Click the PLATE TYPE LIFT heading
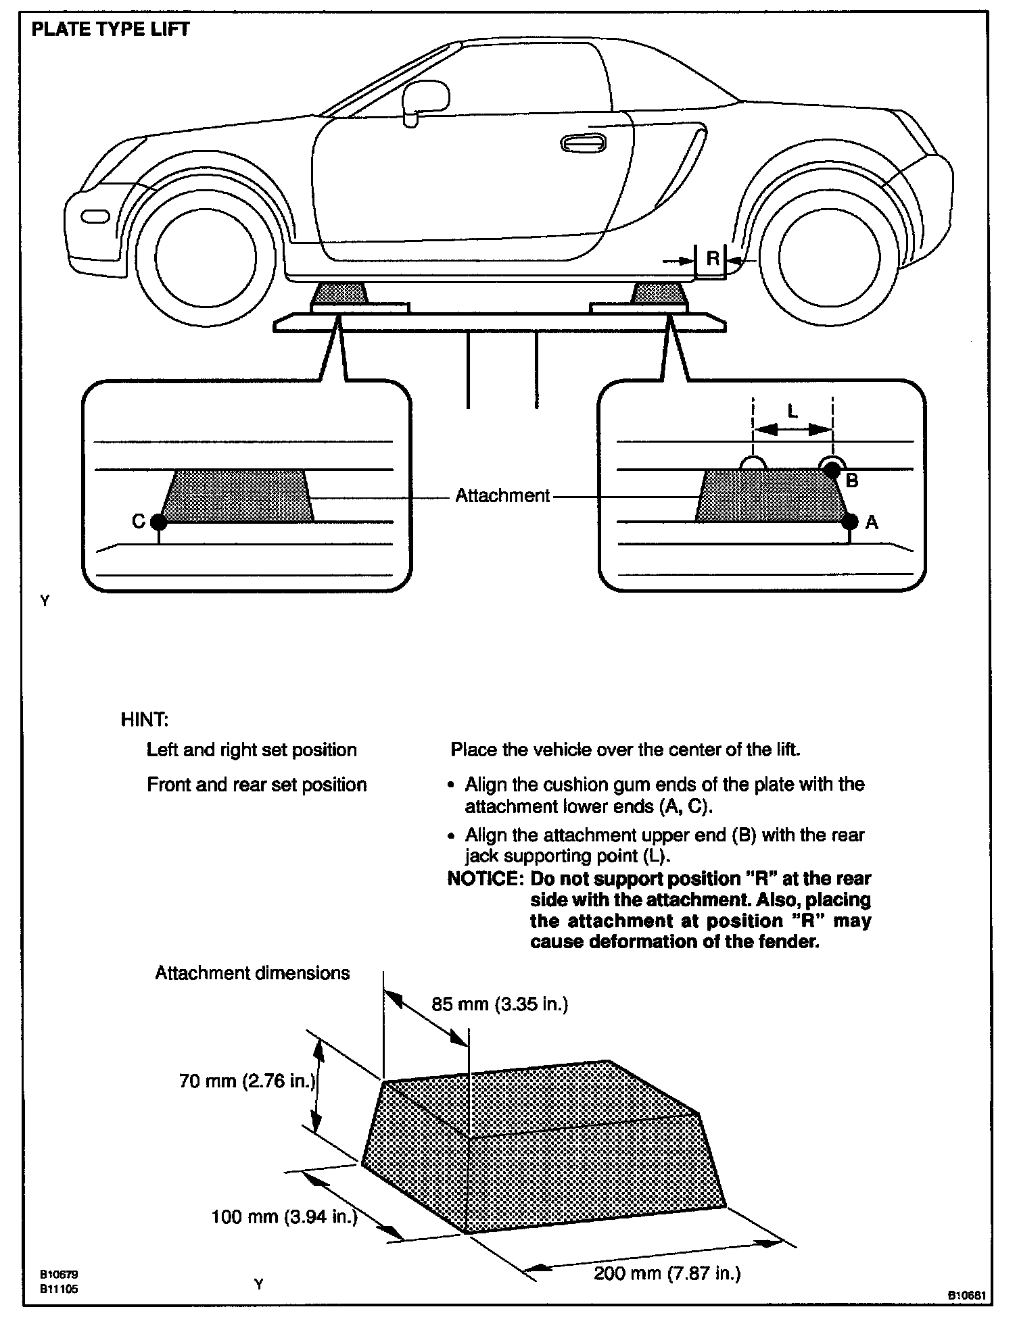111,30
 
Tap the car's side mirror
425,99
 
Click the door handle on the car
583,143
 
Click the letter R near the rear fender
712,258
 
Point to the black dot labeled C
158,522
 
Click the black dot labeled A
850,522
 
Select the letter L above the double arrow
793,411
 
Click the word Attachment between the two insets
502,496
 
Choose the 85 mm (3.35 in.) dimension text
500,1005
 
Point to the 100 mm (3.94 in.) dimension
284,1217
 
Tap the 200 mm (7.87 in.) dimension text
667,1274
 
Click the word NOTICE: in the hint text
486,879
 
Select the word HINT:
144,719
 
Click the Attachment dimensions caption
252,973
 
